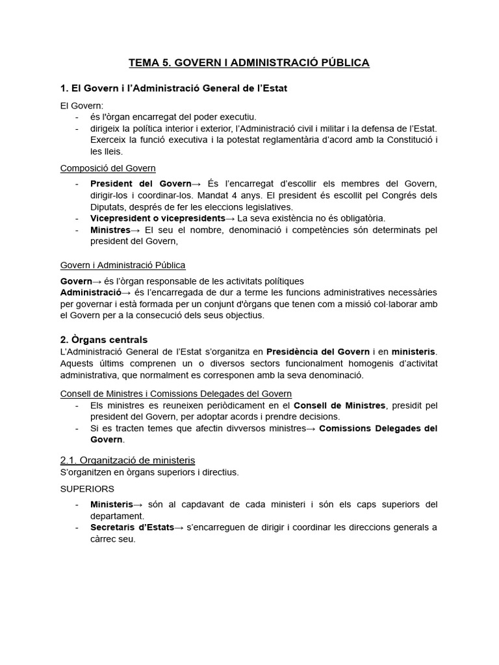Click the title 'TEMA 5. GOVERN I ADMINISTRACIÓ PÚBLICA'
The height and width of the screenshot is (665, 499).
[x=249, y=63]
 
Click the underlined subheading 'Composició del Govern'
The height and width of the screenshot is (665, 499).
[x=108, y=168]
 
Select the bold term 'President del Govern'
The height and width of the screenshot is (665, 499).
[x=140, y=184]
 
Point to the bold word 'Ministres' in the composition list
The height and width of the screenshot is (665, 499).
[x=110, y=230]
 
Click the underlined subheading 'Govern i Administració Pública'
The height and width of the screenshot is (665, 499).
[x=123, y=265]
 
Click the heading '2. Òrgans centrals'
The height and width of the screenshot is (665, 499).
[x=104, y=340]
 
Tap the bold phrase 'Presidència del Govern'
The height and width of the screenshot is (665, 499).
[x=318, y=351]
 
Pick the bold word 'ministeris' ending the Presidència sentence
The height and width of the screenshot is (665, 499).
[x=413, y=351]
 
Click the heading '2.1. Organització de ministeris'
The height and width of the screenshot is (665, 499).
[x=127, y=460]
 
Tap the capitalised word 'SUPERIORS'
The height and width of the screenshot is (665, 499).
[x=88, y=488]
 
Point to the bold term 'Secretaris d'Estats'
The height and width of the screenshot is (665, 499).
[x=132, y=527]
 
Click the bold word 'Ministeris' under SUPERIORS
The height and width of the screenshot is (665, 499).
[x=111, y=504]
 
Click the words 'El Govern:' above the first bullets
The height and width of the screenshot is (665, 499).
[x=82, y=105]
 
